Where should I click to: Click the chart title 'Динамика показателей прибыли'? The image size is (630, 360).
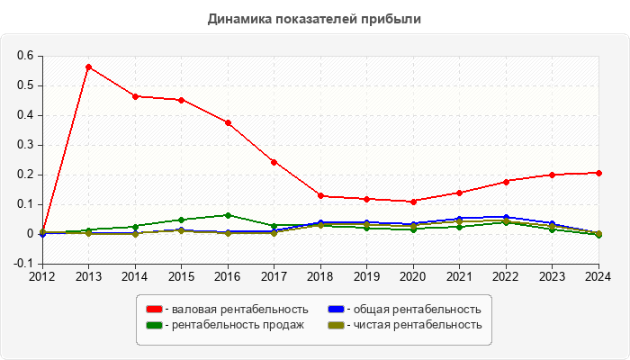pyautogui.click(x=314, y=18)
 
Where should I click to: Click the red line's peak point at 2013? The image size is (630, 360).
pyautogui.click(x=88, y=67)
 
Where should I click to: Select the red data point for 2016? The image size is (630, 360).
pyautogui.click(x=228, y=122)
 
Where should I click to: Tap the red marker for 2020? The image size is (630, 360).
pyautogui.click(x=413, y=202)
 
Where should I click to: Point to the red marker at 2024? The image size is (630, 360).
pyautogui.click(x=598, y=173)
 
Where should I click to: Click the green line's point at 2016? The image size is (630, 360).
pyautogui.click(x=228, y=215)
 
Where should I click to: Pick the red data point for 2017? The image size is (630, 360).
pyautogui.click(x=274, y=162)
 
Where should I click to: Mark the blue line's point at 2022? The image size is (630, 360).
pyautogui.click(x=506, y=217)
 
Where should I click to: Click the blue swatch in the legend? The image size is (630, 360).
pyautogui.click(x=332, y=310)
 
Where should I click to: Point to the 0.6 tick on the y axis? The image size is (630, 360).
pyautogui.click(x=25, y=56)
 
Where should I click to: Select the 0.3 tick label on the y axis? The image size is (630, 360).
pyautogui.click(x=25, y=145)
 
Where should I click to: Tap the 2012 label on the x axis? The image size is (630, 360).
pyautogui.click(x=42, y=276)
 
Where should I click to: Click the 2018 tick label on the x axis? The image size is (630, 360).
pyautogui.click(x=320, y=276)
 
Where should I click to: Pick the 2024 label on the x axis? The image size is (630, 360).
pyautogui.click(x=598, y=276)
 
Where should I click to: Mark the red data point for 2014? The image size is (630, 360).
pyautogui.click(x=135, y=96)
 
